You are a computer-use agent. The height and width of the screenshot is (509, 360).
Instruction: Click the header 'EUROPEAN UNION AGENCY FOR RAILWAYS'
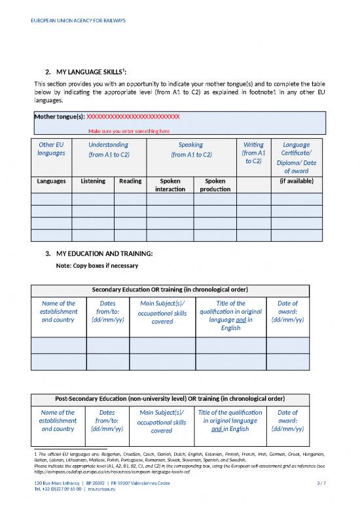coord(79,20)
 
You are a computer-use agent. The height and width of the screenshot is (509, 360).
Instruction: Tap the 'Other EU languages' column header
coord(51,149)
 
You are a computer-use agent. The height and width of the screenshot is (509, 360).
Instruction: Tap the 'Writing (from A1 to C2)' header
coord(253,153)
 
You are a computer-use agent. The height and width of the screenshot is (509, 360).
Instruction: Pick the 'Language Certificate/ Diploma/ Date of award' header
coord(296,158)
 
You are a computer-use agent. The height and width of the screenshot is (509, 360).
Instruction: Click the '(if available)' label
coord(297,181)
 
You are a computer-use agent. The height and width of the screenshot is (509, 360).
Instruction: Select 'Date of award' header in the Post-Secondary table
coord(287,421)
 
